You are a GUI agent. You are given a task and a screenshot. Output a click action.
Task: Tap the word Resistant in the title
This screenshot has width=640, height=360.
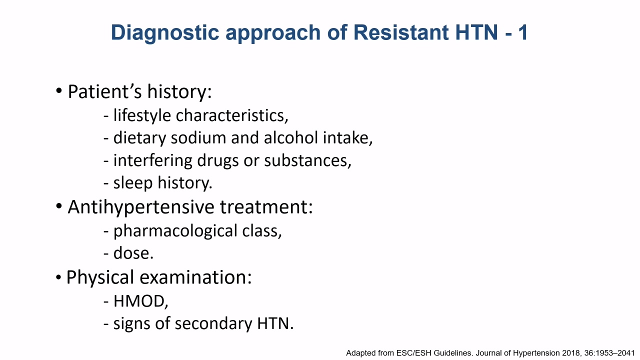tap(401, 32)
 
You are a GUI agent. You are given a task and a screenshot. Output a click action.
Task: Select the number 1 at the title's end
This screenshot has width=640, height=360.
tap(523, 32)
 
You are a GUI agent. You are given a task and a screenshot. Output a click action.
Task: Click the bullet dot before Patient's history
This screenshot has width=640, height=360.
tap(59, 91)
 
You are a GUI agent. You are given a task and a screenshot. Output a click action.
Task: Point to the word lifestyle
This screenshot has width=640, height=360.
tap(142, 115)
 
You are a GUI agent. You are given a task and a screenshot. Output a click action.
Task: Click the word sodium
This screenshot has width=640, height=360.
tap(198, 137)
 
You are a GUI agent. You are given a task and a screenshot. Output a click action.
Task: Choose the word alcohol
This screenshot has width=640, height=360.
tap(290, 137)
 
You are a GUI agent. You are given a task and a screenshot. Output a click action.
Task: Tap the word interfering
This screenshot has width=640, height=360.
tap(152, 160)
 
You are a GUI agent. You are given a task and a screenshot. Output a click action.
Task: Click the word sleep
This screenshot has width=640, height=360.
tap(133, 183)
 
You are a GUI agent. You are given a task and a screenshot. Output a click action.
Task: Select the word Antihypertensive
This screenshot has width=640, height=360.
tap(141, 207)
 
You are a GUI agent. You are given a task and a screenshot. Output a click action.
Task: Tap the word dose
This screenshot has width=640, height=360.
tap(133, 253)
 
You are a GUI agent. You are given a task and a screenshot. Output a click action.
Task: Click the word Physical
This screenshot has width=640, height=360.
tap(100, 277)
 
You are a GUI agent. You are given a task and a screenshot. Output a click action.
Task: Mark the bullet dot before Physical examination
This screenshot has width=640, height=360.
tap(58, 277)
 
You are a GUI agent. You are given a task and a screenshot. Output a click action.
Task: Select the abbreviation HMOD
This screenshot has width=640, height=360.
tap(140, 301)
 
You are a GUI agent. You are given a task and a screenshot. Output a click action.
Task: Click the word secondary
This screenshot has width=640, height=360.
tap(213, 323)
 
